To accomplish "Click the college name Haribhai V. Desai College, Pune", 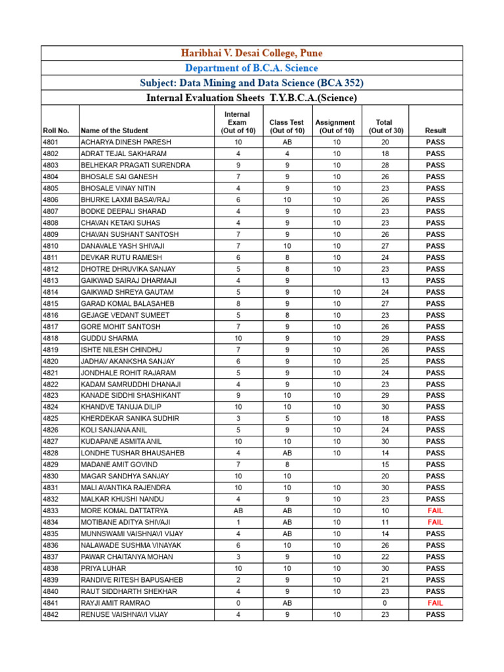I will tap(252, 53).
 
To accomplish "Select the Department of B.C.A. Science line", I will tap(252, 68).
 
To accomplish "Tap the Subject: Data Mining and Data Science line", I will tap(252, 83).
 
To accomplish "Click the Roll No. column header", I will tap(56, 131).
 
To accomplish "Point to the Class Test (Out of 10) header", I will tap(287, 126).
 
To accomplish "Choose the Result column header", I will tap(435, 131).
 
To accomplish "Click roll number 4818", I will tap(51, 338).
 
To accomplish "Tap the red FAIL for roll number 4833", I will tap(435, 511).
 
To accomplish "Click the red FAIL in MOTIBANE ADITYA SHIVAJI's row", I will tap(435, 522).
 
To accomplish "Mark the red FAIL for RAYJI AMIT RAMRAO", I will tap(435, 602).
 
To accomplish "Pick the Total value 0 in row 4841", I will tap(384, 602).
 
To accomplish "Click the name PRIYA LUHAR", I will tap(104, 568).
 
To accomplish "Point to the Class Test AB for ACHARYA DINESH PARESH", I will tap(287, 142).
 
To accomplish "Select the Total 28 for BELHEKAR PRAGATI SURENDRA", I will tap(384, 165).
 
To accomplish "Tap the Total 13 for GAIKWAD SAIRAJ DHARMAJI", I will tap(384, 280).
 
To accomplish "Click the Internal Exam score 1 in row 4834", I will tap(238, 522).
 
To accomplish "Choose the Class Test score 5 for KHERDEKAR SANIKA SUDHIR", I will tap(287, 419).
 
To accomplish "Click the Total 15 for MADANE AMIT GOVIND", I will tap(384, 465).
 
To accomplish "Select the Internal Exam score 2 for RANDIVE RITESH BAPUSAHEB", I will tap(238, 580).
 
